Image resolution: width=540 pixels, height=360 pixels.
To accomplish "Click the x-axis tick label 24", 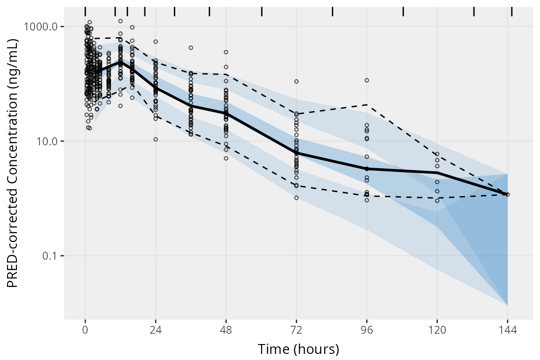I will click(x=156, y=330).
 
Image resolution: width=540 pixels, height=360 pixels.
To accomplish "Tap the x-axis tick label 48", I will click(x=226, y=330).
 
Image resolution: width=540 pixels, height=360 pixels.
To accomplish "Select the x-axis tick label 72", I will click(x=296, y=330).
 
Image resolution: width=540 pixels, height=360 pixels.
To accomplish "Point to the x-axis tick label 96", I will click(x=367, y=330).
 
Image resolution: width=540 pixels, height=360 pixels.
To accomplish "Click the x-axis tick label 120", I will click(x=437, y=330).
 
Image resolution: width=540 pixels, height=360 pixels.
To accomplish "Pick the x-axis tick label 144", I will click(x=507, y=330).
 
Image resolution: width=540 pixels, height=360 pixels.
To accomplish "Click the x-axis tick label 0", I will click(x=85, y=330).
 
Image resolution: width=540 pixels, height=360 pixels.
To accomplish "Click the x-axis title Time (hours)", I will click(x=298, y=349).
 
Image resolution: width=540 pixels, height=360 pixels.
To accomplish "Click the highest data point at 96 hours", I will click(x=367, y=80).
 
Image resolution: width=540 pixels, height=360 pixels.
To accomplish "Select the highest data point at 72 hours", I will click(x=296, y=82).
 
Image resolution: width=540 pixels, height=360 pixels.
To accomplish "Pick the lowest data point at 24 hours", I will click(x=156, y=139).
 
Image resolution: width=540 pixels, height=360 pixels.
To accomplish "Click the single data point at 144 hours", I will click(x=508, y=194).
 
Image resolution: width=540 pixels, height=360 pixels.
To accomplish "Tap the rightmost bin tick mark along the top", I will click(x=511, y=11).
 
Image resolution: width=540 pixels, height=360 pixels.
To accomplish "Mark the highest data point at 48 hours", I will click(x=226, y=52).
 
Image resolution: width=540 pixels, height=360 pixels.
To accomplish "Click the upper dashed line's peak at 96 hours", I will click(x=367, y=105).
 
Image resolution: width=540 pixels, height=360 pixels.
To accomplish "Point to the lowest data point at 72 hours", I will click(x=296, y=198).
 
